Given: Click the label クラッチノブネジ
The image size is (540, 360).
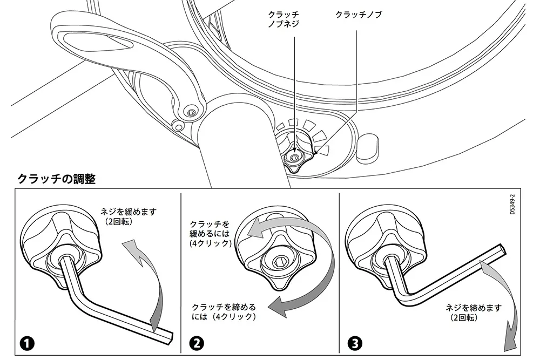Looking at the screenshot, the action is pos(283,19).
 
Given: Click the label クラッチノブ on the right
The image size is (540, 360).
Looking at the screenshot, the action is pos(359,15).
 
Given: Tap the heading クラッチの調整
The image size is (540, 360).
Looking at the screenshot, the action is pos(57,179).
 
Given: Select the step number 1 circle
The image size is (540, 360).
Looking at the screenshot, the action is pos(27,343).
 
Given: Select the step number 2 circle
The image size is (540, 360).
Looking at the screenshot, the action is pos(197,343).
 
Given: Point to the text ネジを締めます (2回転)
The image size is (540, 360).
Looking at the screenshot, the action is pos(474,312).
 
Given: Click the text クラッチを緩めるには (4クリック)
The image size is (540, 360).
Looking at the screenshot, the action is pos(210,234).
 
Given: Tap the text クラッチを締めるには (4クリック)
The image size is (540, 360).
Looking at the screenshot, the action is pos(224,311).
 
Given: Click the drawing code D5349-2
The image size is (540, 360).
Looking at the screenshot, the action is pos(512,205).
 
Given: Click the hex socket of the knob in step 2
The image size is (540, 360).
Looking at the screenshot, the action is pos(278,263).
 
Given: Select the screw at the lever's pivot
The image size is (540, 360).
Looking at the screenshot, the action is pos(191,112).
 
